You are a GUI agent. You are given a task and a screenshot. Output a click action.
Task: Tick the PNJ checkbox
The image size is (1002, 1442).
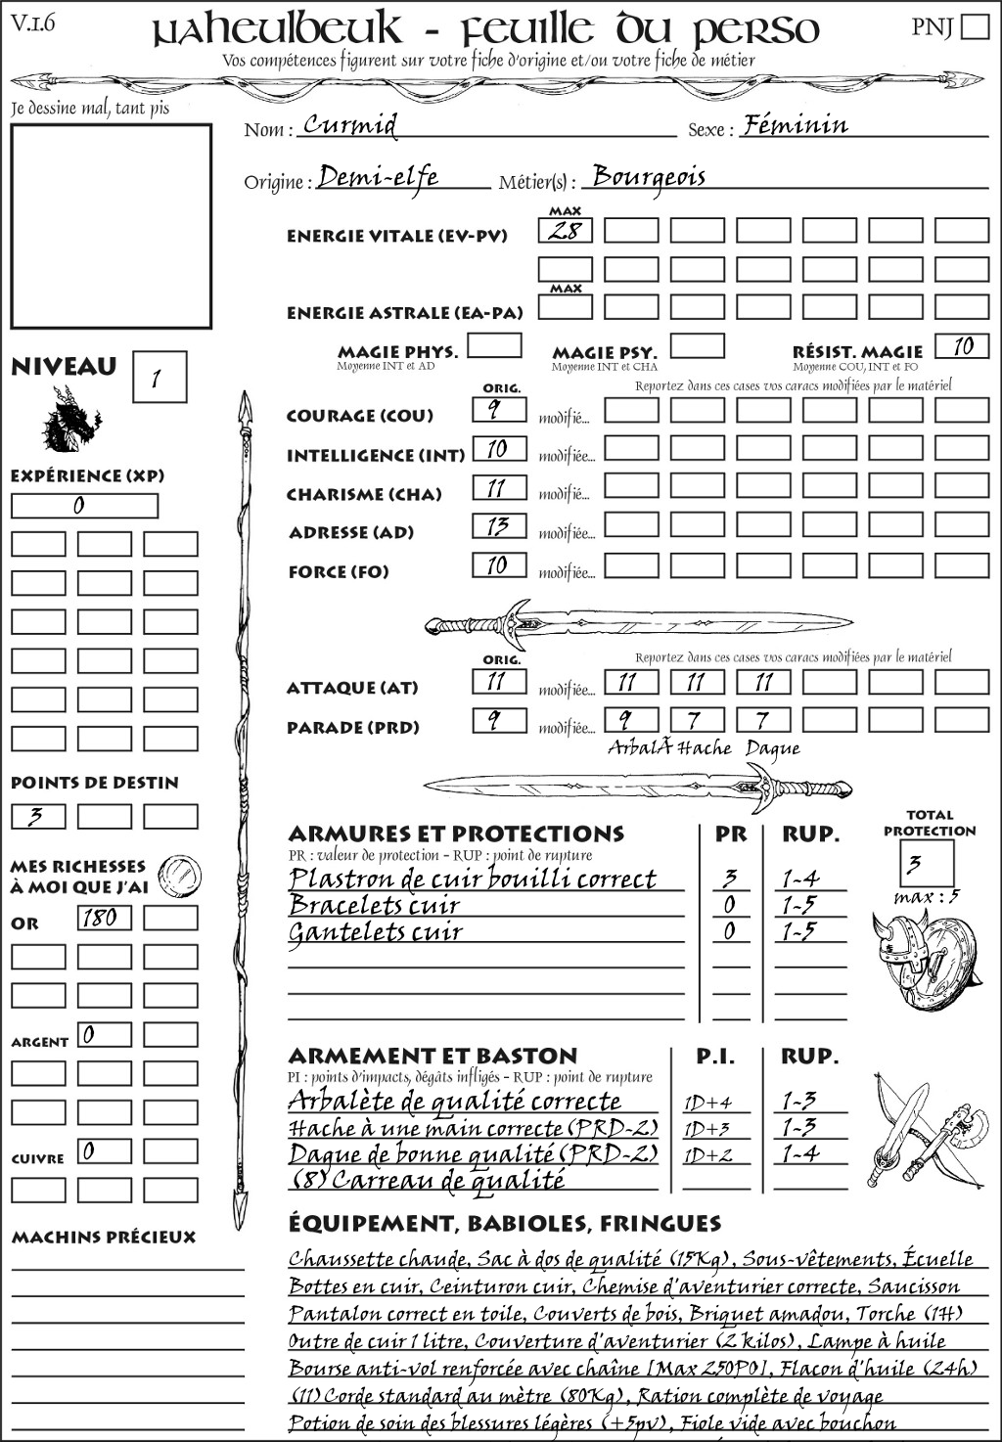pos(975,25)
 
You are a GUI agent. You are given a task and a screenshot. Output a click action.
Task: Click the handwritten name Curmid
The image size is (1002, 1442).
pos(350,125)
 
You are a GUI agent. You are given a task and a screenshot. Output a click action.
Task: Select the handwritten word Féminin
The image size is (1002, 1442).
pos(795,125)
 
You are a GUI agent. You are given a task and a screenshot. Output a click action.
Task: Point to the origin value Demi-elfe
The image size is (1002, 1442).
pos(378,177)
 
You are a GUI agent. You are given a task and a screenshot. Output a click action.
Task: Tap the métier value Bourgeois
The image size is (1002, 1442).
pos(649,177)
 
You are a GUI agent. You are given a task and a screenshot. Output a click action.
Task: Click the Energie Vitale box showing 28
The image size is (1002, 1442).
pos(565,231)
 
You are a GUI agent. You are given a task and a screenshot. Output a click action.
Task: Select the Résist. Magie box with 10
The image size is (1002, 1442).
pos(962,346)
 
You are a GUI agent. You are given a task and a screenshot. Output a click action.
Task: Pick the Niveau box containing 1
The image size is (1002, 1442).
pos(159,378)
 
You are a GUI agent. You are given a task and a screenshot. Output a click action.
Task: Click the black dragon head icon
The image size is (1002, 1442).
pos(70,420)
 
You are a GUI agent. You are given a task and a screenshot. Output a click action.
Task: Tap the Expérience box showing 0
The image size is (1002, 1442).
pos(83,506)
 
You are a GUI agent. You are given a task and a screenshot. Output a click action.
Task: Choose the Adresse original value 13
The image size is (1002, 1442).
pos(498,526)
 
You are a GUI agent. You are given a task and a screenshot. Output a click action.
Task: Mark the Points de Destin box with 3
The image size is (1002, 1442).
pos(38,816)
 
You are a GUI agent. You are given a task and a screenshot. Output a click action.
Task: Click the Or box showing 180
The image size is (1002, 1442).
pos(103,918)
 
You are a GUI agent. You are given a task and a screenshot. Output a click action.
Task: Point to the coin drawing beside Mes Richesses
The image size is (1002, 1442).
pos(180,874)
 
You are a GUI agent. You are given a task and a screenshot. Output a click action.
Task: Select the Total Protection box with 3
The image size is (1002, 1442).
pos(927,863)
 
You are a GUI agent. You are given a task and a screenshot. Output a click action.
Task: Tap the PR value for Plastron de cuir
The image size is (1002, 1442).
pos(730,879)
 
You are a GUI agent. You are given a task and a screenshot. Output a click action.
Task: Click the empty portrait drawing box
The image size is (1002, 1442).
pos(111,226)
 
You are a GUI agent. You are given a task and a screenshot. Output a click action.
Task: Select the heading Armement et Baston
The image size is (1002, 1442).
pos(433,1056)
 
